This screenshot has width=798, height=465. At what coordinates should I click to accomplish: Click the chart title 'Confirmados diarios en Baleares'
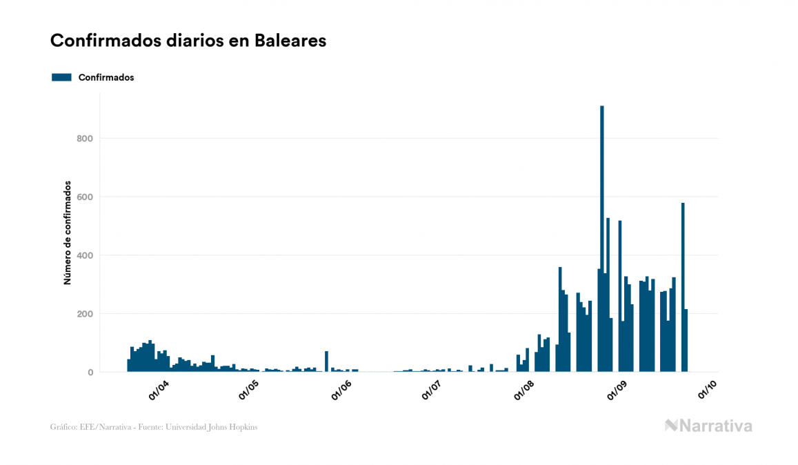pyautogui.click(x=188, y=41)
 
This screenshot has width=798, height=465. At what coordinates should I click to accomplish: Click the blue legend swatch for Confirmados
pyautogui.click(x=61, y=77)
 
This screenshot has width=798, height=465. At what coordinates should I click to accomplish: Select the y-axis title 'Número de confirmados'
pyautogui.click(x=68, y=233)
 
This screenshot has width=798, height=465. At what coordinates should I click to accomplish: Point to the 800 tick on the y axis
pyautogui.click(x=86, y=139)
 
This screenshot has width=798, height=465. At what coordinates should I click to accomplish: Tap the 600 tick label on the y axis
pyautogui.click(x=86, y=197)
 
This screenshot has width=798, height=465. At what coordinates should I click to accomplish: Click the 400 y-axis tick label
pyautogui.click(x=86, y=256)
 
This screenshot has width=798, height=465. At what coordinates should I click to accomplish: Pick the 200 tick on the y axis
pyautogui.click(x=86, y=314)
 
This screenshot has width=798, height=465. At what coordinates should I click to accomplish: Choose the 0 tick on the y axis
pyautogui.click(x=90, y=373)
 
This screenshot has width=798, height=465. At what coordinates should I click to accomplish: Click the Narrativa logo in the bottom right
pyautogui.click(x=708, y=426)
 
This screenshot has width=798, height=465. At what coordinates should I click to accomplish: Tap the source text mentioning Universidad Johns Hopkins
pyautogui.click(x=154, y=427)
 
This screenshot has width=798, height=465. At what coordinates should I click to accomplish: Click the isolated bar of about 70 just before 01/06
pyautogui.click(x=326, y=362)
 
